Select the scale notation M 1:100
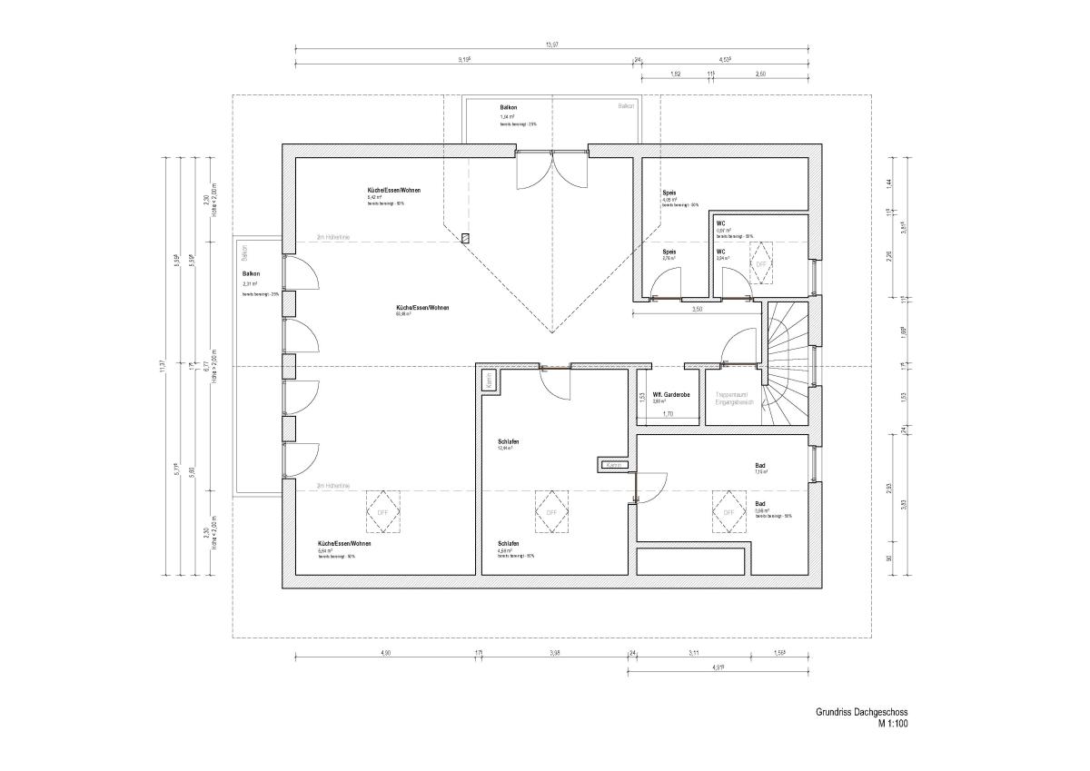[892, 725]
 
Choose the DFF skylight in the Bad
[728, 511]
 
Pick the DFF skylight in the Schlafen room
[550, 511]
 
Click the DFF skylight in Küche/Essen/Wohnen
[381, 511]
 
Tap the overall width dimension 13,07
[551, 44]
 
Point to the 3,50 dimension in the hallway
[698, 310]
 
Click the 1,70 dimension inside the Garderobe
[668, 414]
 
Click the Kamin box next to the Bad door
[614, 465]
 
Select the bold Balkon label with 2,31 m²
[252, 273]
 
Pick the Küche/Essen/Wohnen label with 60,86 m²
[421, 308]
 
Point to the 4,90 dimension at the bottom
[385, 653]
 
